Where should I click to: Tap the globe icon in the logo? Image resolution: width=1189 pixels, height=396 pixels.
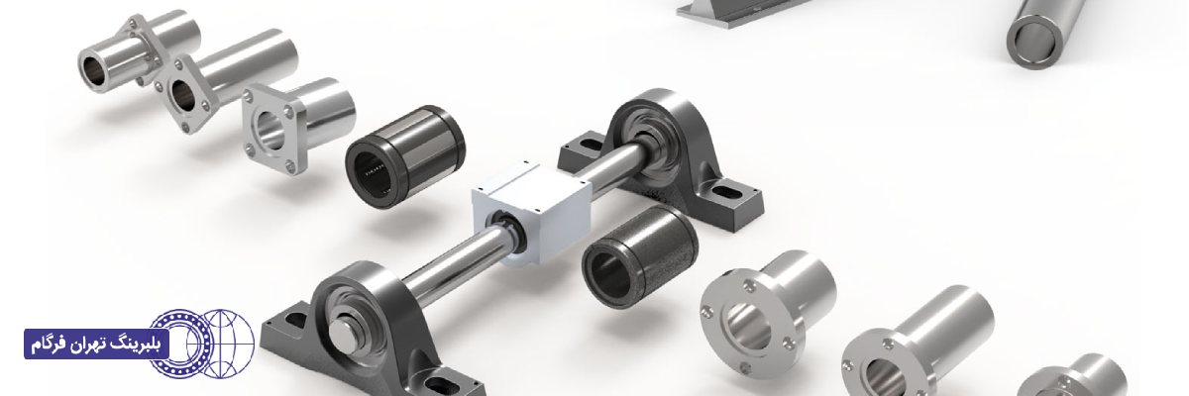pyautogui.click(x=228, y=345)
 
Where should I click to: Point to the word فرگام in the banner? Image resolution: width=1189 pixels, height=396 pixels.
pyautogui.click(x=48, y=346)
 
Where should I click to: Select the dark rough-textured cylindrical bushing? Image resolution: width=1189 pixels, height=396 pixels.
pyautogui.click(x=640, y=256)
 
